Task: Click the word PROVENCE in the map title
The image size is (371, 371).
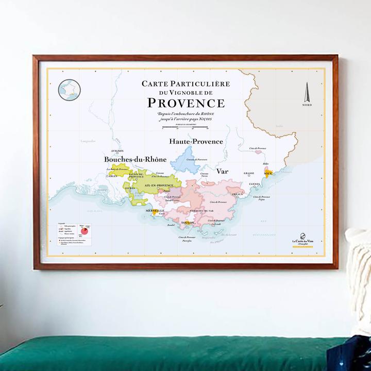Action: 186,102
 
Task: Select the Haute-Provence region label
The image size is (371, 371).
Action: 196,141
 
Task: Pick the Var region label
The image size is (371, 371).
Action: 222,171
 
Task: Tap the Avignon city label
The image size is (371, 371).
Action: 117,151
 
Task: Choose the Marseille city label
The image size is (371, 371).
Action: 155,211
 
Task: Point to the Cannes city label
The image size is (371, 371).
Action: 255,184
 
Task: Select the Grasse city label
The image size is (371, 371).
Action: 249,174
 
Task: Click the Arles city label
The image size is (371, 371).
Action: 112,176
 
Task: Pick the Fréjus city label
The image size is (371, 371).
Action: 238,194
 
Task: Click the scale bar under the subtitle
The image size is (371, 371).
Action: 185,126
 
